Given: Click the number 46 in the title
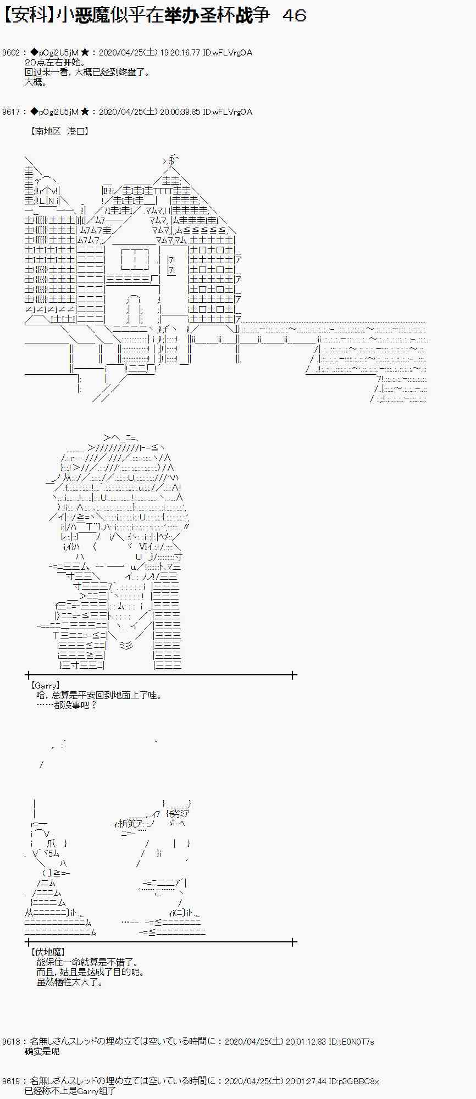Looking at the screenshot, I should (x=294, y=15).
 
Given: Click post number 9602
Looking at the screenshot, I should (x=11, y=53).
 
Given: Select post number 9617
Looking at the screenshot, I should (x=11, y=112).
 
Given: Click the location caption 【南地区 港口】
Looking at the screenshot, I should (x=60, y=131).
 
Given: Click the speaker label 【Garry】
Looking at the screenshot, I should (x=46, y=686).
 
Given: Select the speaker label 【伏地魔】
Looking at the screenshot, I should (x=48, y=952).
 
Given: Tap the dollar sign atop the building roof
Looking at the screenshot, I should (x=171, y=160).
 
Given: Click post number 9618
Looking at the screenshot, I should (x=11, y=1041).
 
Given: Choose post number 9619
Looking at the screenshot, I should (x=11, y=1081).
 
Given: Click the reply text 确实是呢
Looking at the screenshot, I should (x=42, y=1051).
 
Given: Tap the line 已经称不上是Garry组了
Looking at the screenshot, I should (x=70, y=1091).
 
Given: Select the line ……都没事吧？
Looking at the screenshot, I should (x=67, y=705).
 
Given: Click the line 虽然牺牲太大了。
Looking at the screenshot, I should (x=70, y=982).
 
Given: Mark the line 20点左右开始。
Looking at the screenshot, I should (x=56, y=63).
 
